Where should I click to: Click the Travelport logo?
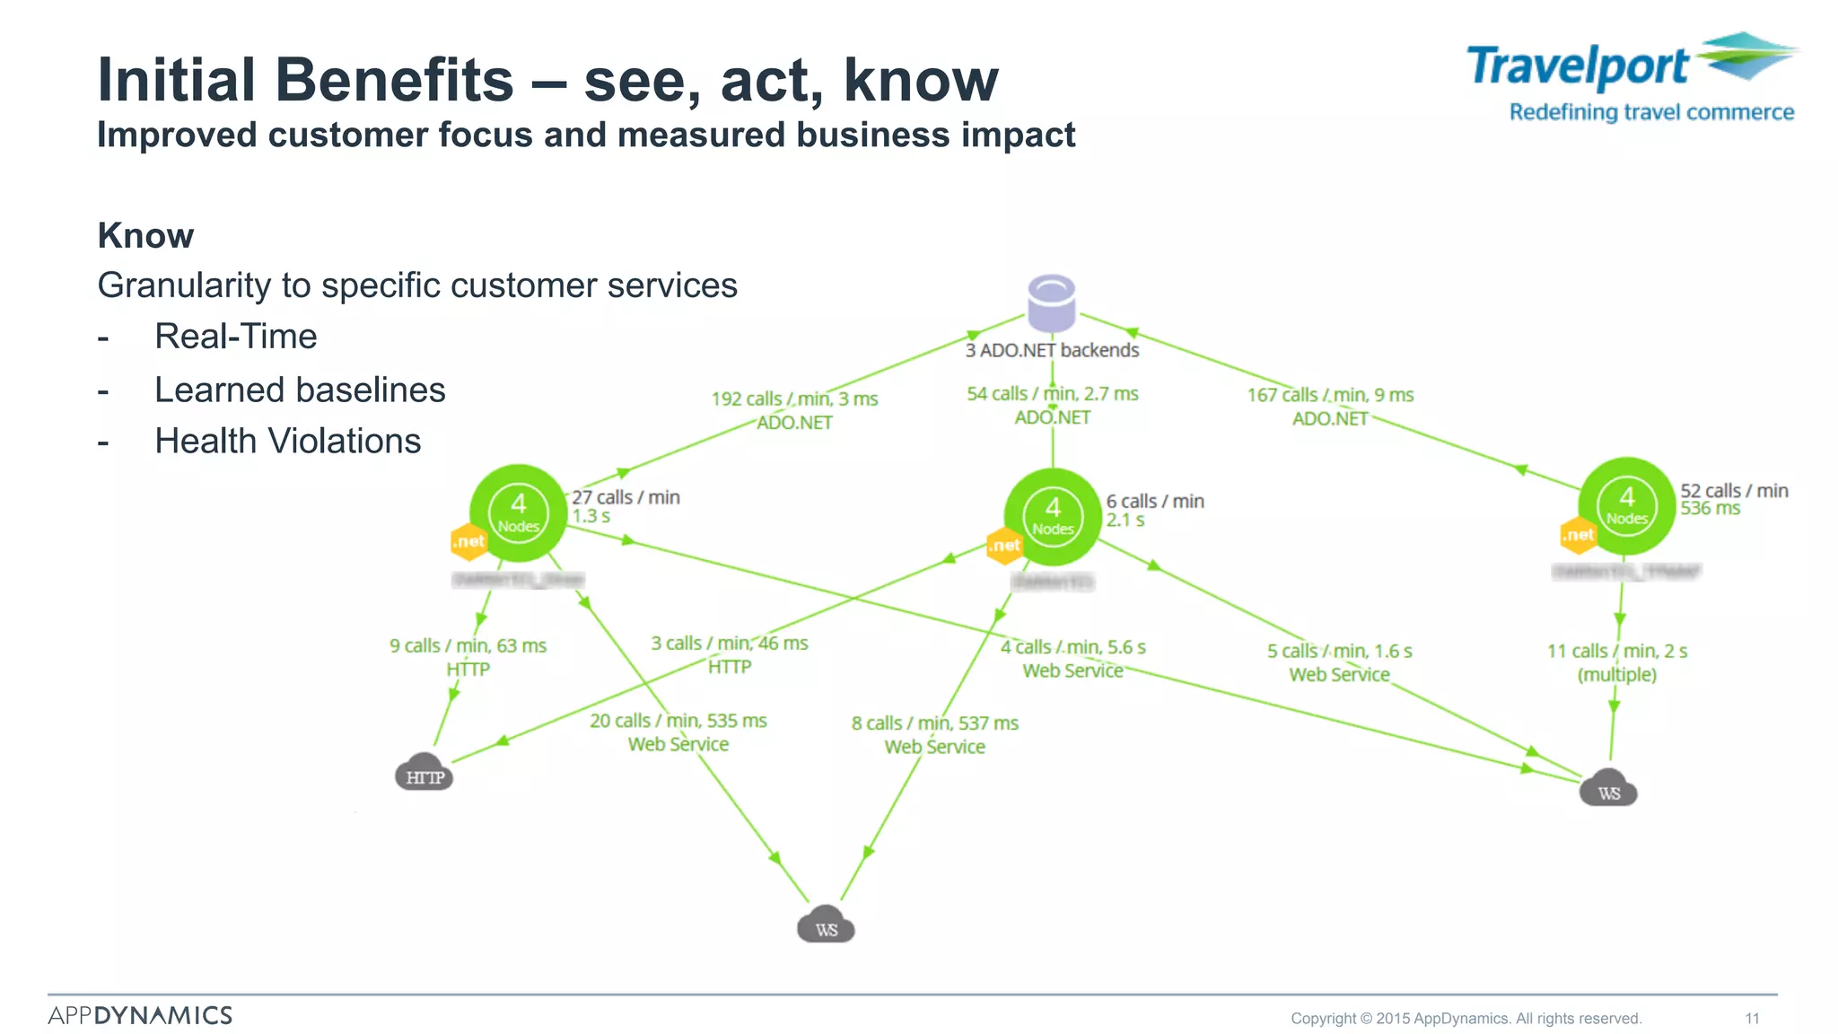click(1632, 76)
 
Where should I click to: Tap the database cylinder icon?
click(1051, 302)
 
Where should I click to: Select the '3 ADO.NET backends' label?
click(1052, 350)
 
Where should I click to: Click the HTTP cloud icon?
click(424, 773)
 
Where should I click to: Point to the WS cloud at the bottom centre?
click(826, 925)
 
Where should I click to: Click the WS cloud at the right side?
click(1608, 789)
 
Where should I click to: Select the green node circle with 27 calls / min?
click(518, 513)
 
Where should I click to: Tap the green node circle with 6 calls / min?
click(1052, 517)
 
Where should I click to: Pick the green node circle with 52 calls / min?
click(1626, 506)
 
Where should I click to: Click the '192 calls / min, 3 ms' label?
click(794, 399)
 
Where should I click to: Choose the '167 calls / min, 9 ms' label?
click(1330, 395)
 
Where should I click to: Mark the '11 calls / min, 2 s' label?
click(1616, 651)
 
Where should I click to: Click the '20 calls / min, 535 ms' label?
click(678, 721)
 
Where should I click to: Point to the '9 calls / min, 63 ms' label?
click(468, 645)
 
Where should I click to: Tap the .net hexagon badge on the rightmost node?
click(1578, 536)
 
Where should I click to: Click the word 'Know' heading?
click(145, 236)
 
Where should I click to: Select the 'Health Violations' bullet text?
click(287, 442)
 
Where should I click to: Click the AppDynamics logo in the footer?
click(140, 1015)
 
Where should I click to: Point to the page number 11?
click(1752, 1018)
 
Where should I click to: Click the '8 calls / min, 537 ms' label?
click(934, 723)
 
